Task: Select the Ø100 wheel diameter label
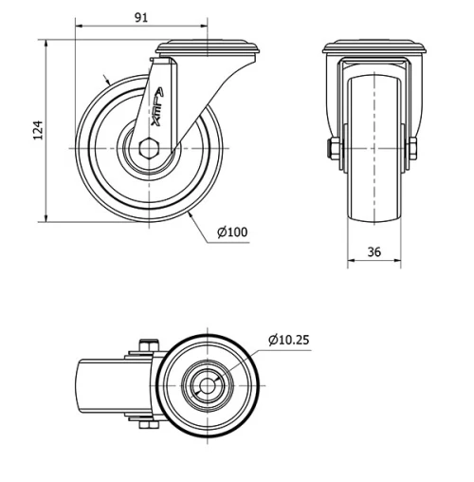click(x=232, y=232)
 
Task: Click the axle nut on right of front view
click(x=413, y=149)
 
